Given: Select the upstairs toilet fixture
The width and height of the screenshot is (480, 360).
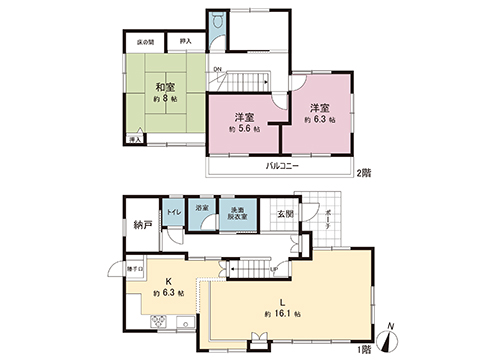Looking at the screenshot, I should (217, 21).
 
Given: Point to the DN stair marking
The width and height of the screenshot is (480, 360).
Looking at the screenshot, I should (217, 69).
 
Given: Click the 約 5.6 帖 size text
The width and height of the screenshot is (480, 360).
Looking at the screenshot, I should (244, 130).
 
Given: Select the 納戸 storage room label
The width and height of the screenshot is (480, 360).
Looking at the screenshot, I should (142, 224).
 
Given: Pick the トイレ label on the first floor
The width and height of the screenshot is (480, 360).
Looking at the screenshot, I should (173, 213).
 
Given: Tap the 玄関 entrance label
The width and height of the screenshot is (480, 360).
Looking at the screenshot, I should (286, 214).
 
